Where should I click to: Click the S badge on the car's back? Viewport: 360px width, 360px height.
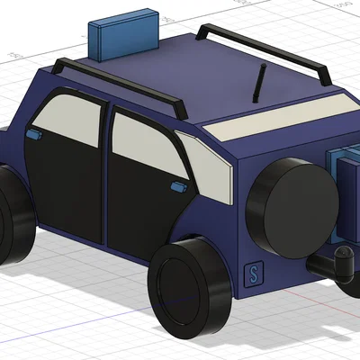[x=254, y=274]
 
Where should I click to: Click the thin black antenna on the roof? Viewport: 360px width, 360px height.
[x=259, y=83]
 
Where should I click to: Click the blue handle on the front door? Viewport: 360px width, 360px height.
[x=35, y=134]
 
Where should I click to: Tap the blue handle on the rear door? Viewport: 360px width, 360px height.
[x=178, y=186]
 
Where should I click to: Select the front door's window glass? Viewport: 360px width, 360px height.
[x=67, y=120]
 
